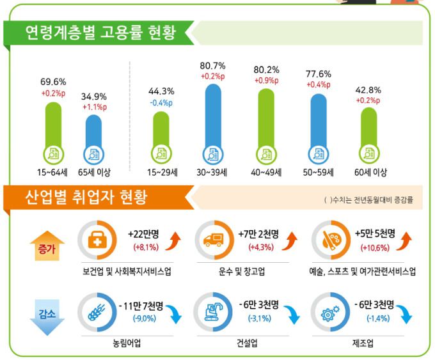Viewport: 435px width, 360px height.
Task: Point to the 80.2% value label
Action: coord(266,70)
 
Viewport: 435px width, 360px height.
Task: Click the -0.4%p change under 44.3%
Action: coord(160,102)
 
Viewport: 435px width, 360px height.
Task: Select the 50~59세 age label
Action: coord(318,172)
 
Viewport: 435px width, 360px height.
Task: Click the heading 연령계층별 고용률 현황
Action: coord(99,32)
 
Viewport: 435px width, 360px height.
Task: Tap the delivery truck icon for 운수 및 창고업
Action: coord(212,240)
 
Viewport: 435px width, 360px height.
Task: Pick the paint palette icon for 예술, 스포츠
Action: coord(330,240)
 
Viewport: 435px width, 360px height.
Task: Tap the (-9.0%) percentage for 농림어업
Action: coord(144,318)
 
